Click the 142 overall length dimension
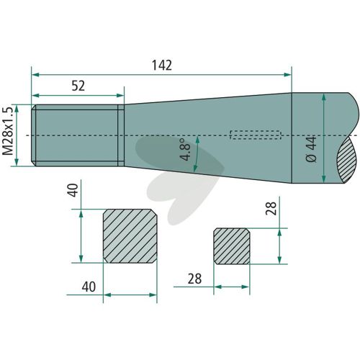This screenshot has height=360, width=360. (162, 66)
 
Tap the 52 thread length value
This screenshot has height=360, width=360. (78, 86)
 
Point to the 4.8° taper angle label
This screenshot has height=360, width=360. (185, 149)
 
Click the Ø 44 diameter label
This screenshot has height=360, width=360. (312, 149)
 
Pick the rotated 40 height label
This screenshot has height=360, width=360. (73, 190)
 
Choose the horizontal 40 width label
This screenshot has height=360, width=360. (89, 287)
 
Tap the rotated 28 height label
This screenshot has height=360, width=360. (271, 208)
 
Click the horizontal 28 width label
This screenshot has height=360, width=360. (194, 279)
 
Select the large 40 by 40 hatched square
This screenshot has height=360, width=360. (130, 236)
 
